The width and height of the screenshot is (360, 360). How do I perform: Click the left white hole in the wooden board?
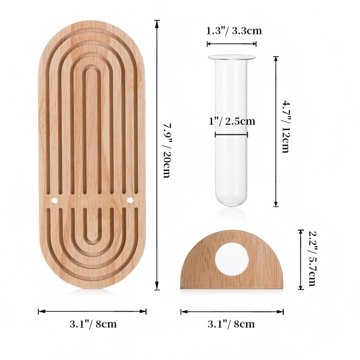(x=54, y=200)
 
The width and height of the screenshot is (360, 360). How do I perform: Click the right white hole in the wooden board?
(x=130, y=200)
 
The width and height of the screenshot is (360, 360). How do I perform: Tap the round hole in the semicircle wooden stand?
(x=232, y=259)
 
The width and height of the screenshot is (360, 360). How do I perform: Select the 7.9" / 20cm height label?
(x=166, y=151)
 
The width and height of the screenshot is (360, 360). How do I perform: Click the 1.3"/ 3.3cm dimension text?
(x=234, y=31)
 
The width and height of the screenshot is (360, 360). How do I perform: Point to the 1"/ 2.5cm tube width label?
(x=232, y=121)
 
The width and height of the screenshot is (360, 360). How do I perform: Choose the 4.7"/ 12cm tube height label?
(x=286, y=126)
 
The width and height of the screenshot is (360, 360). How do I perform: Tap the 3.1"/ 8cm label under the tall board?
(x=93, y=324)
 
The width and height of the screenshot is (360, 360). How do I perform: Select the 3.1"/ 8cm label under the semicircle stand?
(x=231, y=324)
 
